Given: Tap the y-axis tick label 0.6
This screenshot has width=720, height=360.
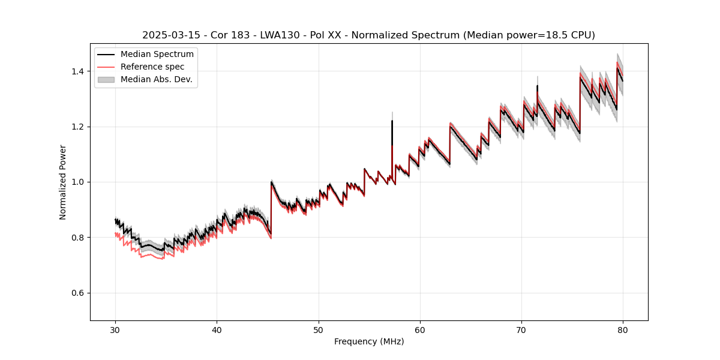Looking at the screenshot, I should [x=77, y=293].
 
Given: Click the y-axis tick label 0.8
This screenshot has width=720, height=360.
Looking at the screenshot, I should [x=77, y=238].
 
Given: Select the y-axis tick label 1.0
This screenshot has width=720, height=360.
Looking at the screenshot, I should [x=77, y=182].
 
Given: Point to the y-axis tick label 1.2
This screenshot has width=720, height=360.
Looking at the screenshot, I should [x=77, y=127].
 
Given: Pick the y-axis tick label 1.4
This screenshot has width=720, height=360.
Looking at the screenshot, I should [x=77, y=71].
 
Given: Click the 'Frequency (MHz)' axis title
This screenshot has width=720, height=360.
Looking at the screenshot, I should [x=369, y=341].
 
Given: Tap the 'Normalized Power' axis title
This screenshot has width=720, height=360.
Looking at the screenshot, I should [x=63, y=182].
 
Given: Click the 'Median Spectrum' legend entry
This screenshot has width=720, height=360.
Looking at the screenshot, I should [x=157, y=55].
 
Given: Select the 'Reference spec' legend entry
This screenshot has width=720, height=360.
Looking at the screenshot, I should [x=152, y=67].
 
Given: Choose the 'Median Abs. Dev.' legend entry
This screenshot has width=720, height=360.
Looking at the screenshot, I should [x=156, y=79].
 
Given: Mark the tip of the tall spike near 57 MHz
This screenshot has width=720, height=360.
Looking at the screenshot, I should [x=392, y=121].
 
